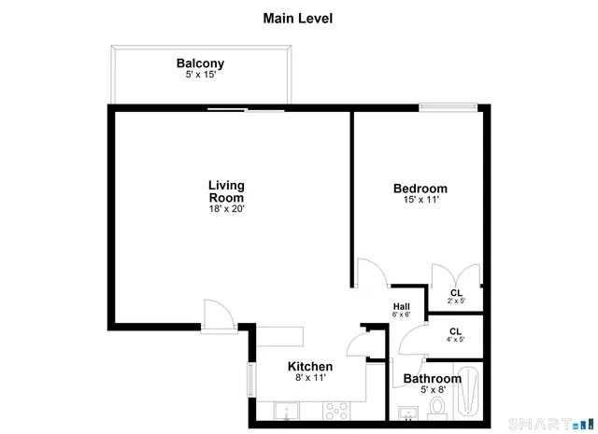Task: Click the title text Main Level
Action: point(298,18)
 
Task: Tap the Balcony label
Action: point(200,63)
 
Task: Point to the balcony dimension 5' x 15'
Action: point(200,75)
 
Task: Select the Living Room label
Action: point(226,191)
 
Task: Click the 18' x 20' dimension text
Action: point(226,209)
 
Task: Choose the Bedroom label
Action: point(420,189)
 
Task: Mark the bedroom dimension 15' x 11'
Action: point(420,200)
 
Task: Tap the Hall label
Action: point(401,306)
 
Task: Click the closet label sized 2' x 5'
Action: point(455,293)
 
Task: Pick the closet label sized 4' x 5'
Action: point(455,331)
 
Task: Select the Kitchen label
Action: point(309,367)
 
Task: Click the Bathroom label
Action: point(431,379)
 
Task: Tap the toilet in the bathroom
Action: point(436,408)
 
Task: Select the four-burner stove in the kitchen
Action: point(337,411)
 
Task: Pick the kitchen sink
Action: point(286,412)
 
